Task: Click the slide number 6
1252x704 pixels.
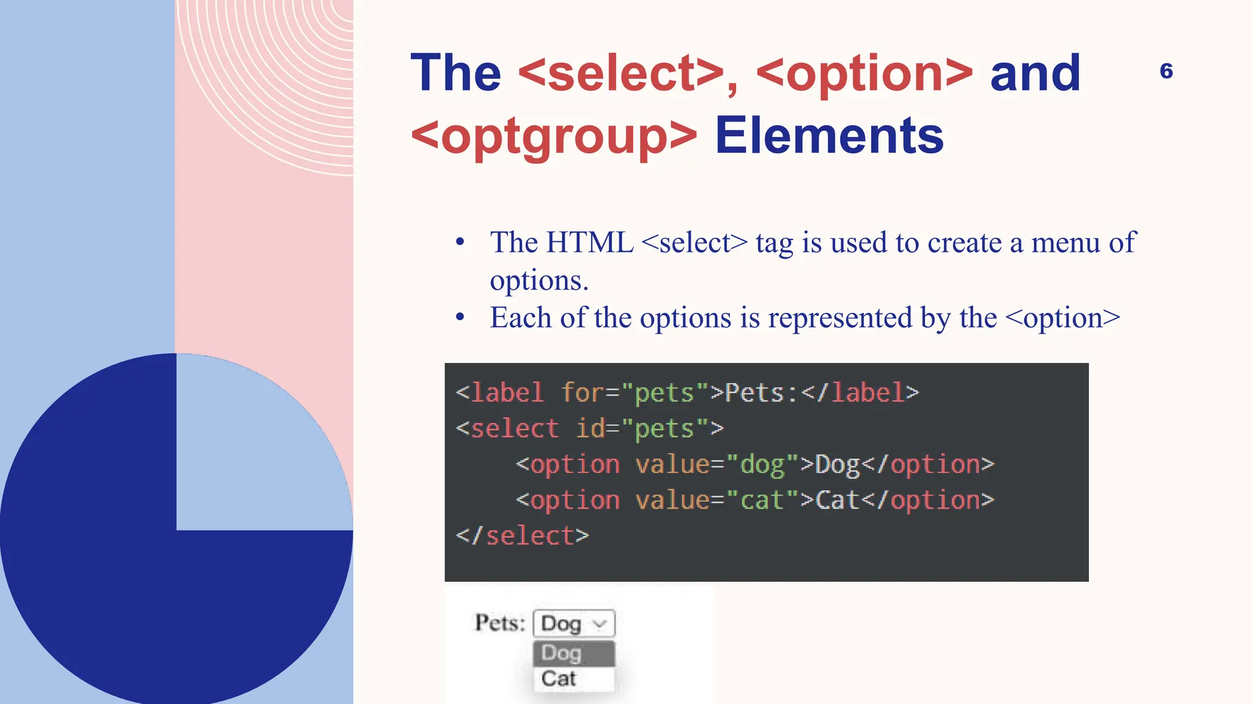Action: click(x=1166, y=71)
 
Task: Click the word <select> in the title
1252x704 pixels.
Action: click(x=621, y=73)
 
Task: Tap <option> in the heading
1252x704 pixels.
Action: click(x=864, y=73)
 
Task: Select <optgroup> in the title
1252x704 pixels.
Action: click(x=554, y=136)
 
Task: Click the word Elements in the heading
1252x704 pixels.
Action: click(x=829, y=136)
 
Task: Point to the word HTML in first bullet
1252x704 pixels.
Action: click(x=589, y=243)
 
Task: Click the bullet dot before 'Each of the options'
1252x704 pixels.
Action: click(x=460, y=317)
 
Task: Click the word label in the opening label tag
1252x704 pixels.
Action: click(x=507, y=393)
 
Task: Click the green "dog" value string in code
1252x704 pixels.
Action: click(x=762, y=465)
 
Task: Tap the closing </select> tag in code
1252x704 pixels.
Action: click(x=523, y=536)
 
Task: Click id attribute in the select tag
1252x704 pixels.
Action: click(x=590, y=429)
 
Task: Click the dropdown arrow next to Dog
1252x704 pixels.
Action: click(x=600, y=624)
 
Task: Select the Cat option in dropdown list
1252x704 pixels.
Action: click(x=559, y=679)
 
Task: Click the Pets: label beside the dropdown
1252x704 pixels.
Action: click(x=500, y=623)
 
